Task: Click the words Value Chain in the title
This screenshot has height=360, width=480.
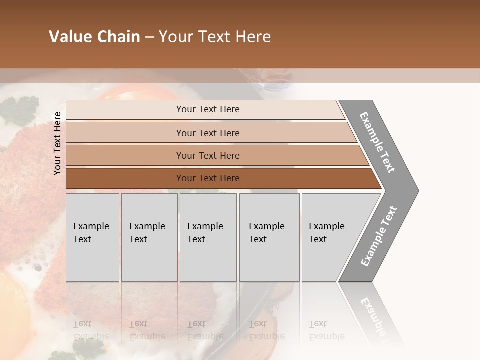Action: tap(94, 37)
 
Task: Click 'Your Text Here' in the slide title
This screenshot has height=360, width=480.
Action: tap(215, 37)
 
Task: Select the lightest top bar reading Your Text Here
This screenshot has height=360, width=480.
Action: tap(208, 109)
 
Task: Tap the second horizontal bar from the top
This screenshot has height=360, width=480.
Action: tap(208, 133)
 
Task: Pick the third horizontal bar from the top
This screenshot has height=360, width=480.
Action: tap(208, 155)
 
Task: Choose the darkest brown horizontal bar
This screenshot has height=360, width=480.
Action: tap(208, 178)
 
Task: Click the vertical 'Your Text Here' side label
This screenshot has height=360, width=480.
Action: tap(57, 143)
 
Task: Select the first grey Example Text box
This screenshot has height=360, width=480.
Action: tap(92, 237)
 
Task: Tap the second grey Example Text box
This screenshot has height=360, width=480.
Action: tap(149, 237)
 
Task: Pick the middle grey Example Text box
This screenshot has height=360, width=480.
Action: tap(208, 237)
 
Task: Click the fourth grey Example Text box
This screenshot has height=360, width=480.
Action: tap(269, 237)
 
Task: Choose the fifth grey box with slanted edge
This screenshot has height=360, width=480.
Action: tap(330, 237)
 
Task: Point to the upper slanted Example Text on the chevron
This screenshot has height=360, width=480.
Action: tap(377, 142)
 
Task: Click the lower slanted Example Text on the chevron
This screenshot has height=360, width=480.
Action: tap(378, 236)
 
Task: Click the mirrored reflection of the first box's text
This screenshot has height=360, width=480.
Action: tap(91, 330)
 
